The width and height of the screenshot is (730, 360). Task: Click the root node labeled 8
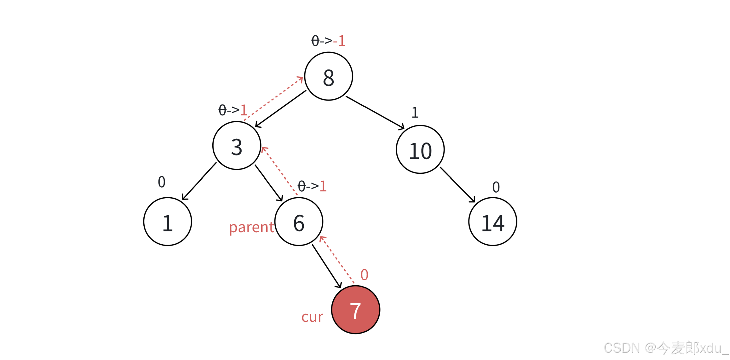click(x=328, y=76)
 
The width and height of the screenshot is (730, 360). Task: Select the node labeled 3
click(x=237, y=146)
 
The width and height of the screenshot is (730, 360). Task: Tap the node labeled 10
click(x=420, y=149)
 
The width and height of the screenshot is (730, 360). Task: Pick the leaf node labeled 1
click(x=167, y=222)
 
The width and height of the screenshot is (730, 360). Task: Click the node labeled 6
click(x=299, y=222)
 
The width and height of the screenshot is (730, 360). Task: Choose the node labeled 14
click(x=492, y=222)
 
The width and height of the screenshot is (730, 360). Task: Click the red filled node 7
click(x=355, y=310)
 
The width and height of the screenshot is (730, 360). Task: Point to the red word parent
click(x=251, y=227)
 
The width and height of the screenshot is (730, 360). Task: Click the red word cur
click(x=312, y=316)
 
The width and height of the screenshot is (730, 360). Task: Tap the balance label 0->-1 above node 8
click(x=328, y=41)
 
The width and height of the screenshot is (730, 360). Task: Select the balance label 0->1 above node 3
click(x=233, y=110)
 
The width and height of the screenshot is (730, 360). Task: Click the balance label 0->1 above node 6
click(x=312, y=186)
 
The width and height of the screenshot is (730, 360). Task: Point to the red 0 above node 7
click(x=364, y=275)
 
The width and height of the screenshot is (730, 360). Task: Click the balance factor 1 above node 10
click(x=415, y=113)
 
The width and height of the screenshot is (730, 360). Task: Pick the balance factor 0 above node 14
click(x=496, y=187)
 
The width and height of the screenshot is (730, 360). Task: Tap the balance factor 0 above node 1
click(x=161, y=182)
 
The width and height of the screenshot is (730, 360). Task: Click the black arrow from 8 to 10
click(x=375, y=112)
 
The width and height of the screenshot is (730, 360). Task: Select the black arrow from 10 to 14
click(x=457, y=185)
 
